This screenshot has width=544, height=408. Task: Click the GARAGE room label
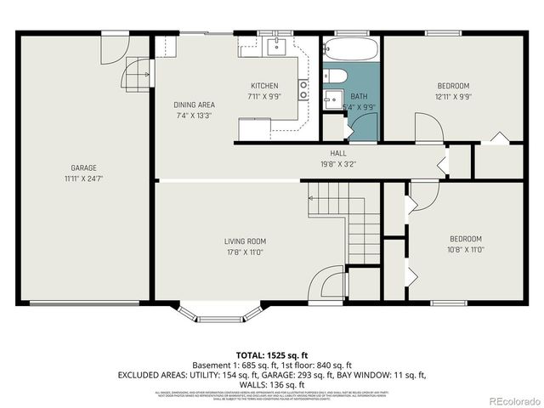[x=83, y=167]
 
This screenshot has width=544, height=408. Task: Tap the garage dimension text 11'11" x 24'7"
[x=83, y=178]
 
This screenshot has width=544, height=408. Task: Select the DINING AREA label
[x=194, y=105]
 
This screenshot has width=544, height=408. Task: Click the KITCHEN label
[x=263, y=86]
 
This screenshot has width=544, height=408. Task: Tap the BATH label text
[x=359, y=96]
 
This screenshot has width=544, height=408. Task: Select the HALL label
[x=326, y=154]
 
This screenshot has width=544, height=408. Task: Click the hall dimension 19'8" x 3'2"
[x=326, y=165]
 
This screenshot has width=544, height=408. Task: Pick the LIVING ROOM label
[x=246, y=241]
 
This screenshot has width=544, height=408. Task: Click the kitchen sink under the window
[x=276, y=46]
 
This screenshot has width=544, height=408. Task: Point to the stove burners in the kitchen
[x=303, y=89]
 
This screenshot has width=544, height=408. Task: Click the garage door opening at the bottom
[x=83, y=303]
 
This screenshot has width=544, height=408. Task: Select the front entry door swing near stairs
[x=326, y=285]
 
